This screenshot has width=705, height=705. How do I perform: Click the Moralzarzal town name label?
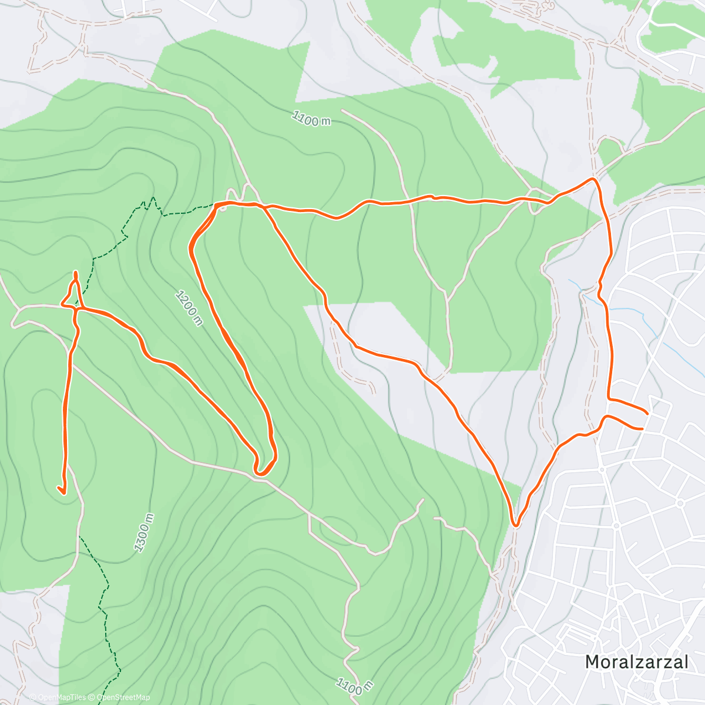[636, 662]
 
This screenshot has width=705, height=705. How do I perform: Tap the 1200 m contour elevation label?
[189, 307]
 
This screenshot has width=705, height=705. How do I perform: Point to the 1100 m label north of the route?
[311, 119]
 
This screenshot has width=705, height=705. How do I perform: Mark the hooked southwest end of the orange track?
[61, 489]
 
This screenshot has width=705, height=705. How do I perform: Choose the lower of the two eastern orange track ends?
[643, 429]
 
